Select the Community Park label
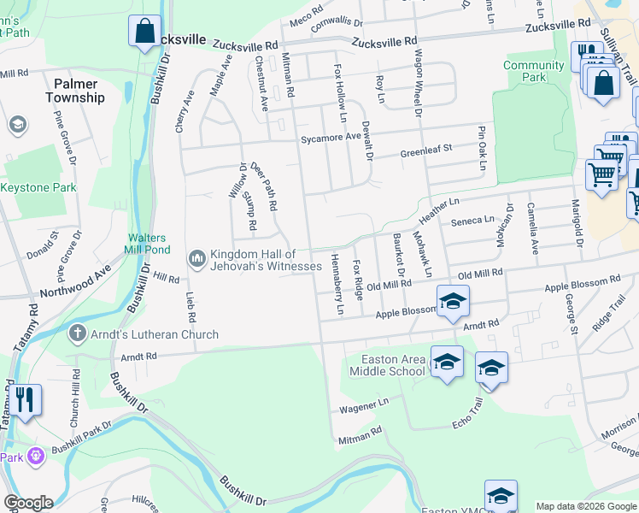[535, 71]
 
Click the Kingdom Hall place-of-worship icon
[197, 257]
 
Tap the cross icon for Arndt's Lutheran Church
[77, 334]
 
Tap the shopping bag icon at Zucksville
[144, 31]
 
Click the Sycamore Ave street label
[330, 138]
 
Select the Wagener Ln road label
[364, 403]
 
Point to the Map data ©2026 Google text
[586, 506]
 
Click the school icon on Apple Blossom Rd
[453, 300]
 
